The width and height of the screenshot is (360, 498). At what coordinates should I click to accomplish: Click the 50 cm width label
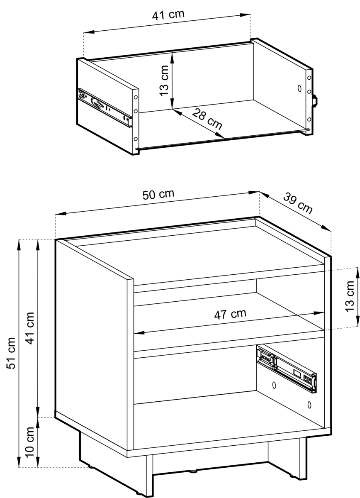158,195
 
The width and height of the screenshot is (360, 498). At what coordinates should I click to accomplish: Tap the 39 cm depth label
298,203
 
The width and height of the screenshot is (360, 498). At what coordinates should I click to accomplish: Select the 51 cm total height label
11,353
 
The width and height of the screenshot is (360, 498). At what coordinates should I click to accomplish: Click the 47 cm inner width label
230,314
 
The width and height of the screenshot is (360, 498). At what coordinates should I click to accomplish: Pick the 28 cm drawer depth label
207,119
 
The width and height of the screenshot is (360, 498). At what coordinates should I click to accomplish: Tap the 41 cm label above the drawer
168,15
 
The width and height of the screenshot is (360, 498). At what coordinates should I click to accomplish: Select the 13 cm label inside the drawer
164,81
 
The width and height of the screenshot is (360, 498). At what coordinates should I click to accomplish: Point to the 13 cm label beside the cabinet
350,297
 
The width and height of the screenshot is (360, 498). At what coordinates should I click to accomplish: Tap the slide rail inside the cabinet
287,369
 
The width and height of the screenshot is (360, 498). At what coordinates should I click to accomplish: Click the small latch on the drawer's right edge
315,101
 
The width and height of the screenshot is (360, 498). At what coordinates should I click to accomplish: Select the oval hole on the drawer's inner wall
299,88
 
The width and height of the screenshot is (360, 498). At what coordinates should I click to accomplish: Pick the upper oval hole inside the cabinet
274,385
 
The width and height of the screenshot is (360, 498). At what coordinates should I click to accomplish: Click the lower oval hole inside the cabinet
309,405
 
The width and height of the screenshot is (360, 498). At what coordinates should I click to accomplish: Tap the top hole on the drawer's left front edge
136,98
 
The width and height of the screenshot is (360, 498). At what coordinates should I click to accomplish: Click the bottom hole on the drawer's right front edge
309,120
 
